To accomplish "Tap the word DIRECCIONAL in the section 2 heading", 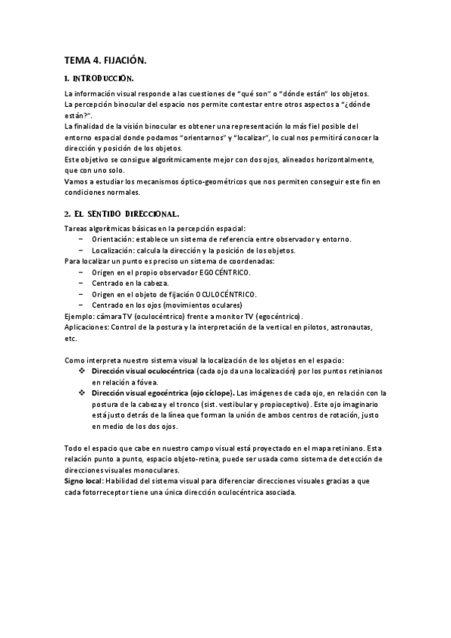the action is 149,214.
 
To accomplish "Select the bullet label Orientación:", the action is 113,239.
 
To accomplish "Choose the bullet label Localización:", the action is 114,250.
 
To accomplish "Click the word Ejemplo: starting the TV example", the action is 81,316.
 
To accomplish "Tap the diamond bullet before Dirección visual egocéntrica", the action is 81,393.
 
